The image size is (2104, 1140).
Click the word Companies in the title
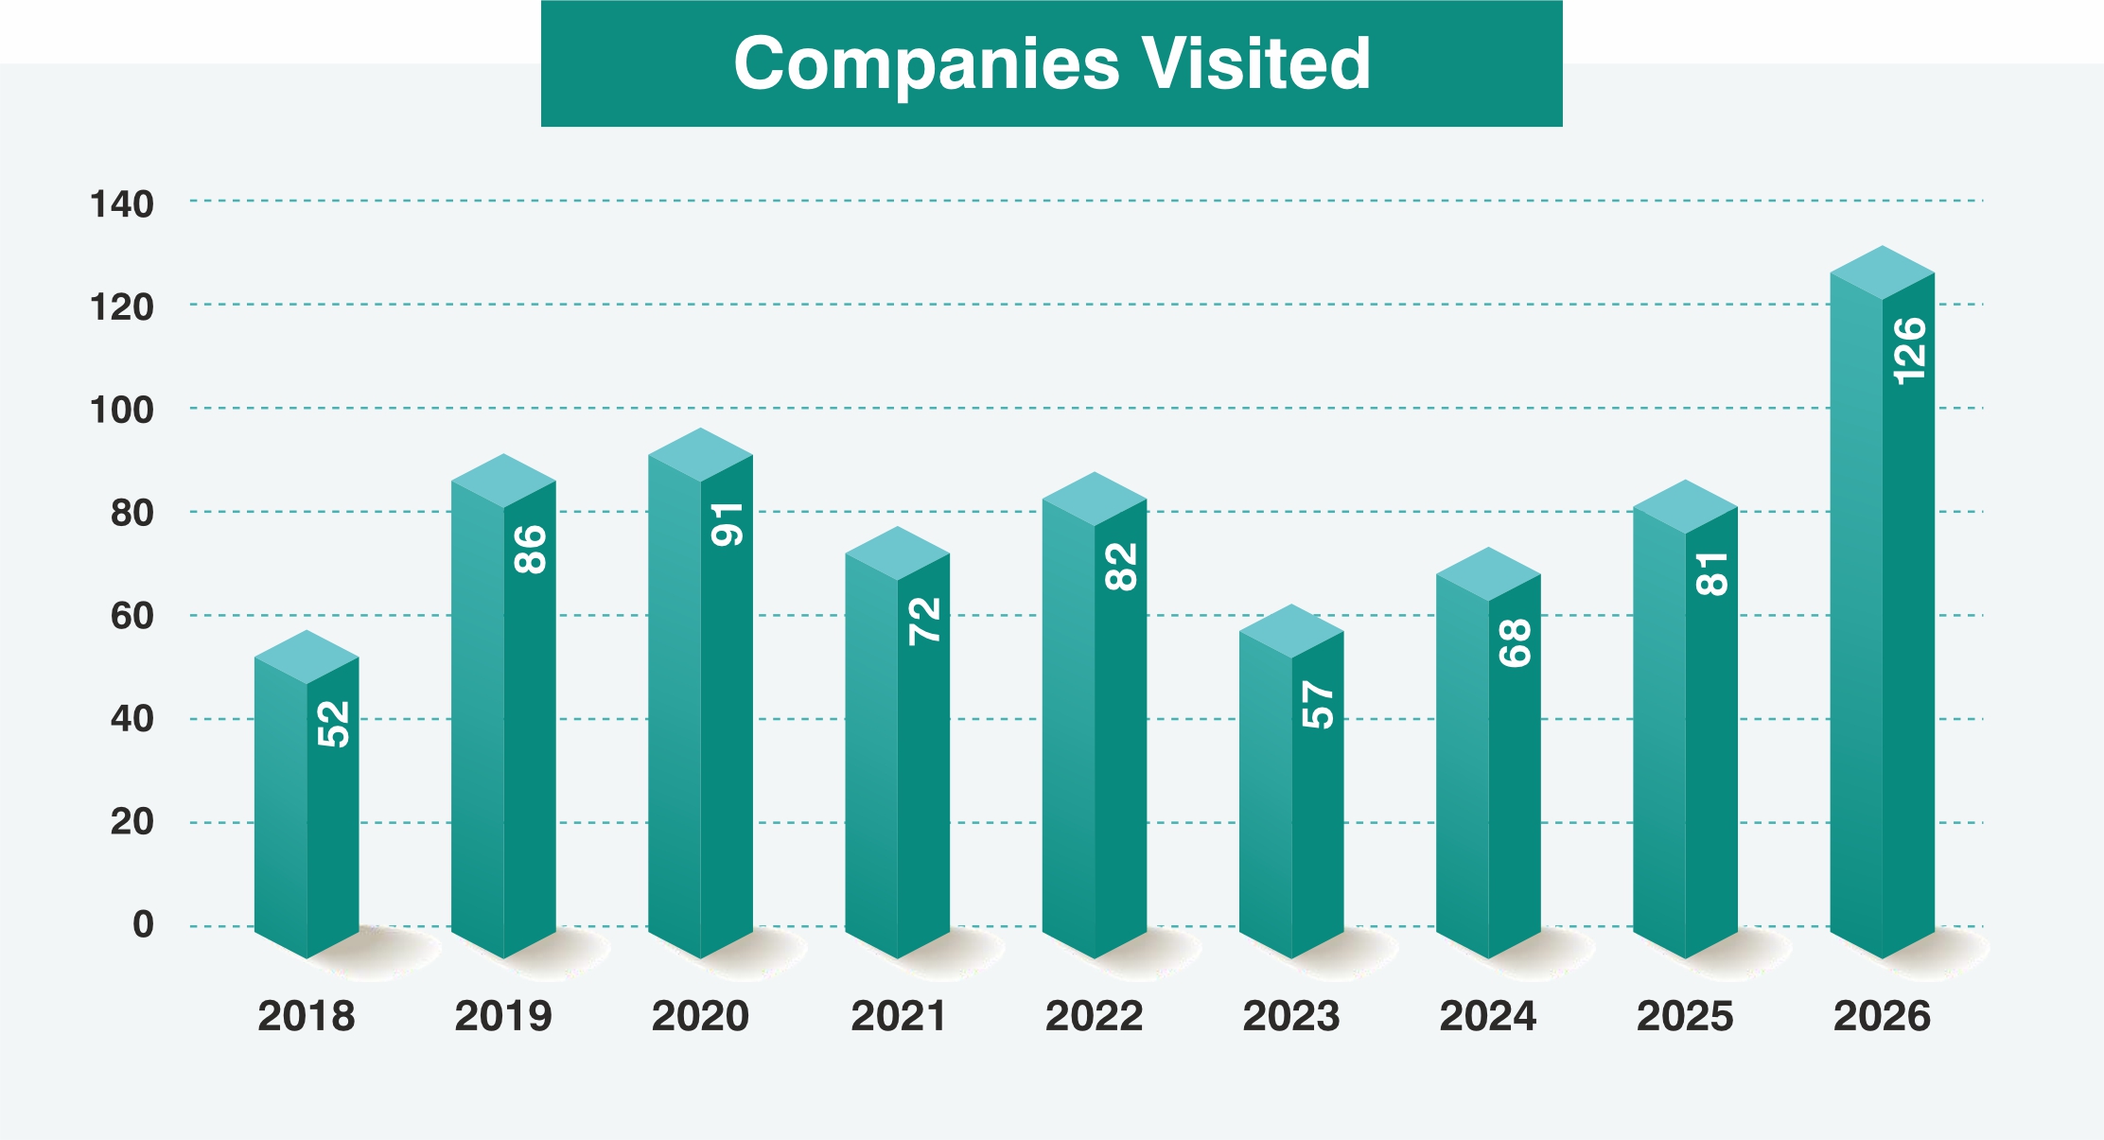pos(926,64)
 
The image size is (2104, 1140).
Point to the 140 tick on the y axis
pos(122,204)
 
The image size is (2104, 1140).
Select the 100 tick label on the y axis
pos(122,411)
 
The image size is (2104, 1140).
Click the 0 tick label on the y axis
pos(143,924)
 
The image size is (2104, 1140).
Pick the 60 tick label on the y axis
pos(132,616)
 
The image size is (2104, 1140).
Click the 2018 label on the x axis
pos(306,1016)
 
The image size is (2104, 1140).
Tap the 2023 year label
pos(1290,1016)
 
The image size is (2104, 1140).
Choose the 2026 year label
pos(1882,1016)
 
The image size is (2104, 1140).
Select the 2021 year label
pos(898,1016)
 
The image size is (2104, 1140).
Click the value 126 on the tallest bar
pos(1909,351)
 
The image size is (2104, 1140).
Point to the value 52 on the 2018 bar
pos(334,724)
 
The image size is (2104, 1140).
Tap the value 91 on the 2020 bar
pos(728,524)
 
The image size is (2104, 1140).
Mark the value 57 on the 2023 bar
pos(1318,705)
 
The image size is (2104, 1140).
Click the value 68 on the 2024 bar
pos(1515,643)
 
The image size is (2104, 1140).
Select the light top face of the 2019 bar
pos(503,481)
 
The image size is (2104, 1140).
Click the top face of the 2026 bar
pos(1882,272)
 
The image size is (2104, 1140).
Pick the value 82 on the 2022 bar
pos(1121,567)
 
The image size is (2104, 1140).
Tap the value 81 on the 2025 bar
pos(1712,574)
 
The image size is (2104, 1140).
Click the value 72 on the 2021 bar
pos(924,622)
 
